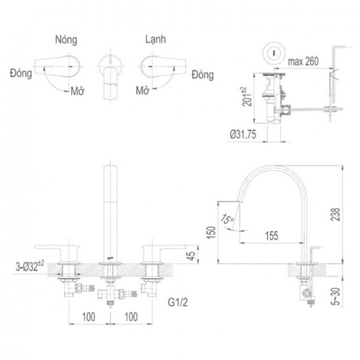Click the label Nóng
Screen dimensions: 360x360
coord(66,40)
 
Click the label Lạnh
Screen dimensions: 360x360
coord(155,39)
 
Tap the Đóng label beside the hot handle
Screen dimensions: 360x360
coord(21,73)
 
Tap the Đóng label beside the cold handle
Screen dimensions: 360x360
coord(203,75)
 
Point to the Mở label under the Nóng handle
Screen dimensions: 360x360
coord(77,91)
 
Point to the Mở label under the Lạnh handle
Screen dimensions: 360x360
coord(142,90)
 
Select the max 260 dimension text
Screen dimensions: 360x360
coord(303,61)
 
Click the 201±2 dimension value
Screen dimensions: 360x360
coord(246,97)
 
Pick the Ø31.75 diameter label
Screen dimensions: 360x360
coord(243,135)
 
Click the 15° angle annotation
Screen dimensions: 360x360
coord(227,219)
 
